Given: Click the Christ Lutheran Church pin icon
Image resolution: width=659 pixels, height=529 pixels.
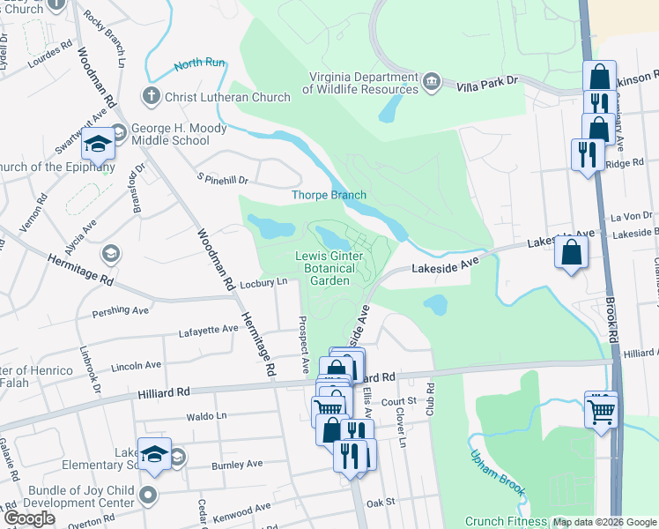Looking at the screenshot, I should click(x=152, y=96).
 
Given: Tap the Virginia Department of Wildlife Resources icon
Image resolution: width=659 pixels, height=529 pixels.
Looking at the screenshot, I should click(x=432, y=82).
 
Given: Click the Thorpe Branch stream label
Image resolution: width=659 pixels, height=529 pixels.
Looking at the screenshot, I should click(x=329, y=195).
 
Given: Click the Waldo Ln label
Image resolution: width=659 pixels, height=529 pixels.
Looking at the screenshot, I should click(x=206, y=415).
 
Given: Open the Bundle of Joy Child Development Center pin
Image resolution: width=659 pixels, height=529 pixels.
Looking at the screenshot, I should click(x=150, y=494).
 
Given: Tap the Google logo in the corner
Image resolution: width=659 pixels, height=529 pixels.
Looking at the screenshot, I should click(x=30, y=518).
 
